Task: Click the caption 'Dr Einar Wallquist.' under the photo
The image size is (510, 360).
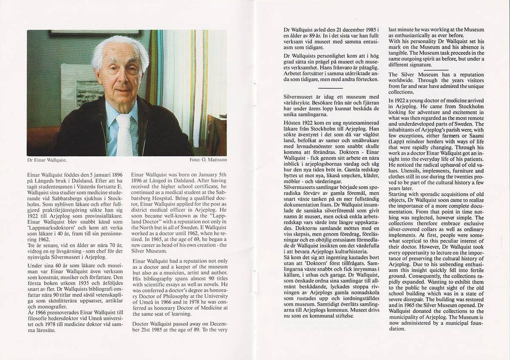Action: coord(47,160)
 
